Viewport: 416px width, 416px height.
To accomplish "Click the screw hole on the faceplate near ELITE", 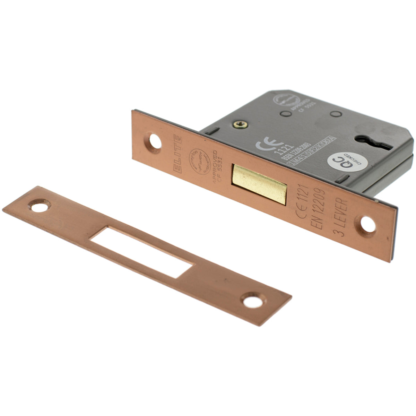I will click(x=153, y=141).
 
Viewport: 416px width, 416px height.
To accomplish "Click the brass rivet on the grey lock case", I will click(x=239, y=123).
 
